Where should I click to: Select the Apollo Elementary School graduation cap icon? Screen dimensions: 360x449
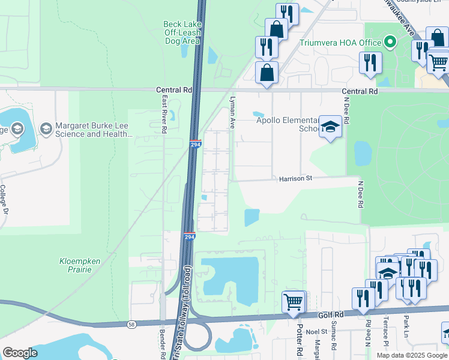pos(329,127)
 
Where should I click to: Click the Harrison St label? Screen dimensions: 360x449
pos(295,178)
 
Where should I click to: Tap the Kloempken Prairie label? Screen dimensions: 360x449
pos(83,265)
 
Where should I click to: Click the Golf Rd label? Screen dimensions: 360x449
pos(331,314)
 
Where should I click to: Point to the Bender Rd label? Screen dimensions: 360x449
pos(163,344)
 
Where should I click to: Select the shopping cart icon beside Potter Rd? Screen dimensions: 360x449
pos(293,301)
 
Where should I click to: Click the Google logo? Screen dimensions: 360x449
pos(20,352)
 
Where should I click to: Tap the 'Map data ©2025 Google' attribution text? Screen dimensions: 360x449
pos(412,355)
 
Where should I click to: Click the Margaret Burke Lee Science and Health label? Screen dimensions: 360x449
pos(94,130)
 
